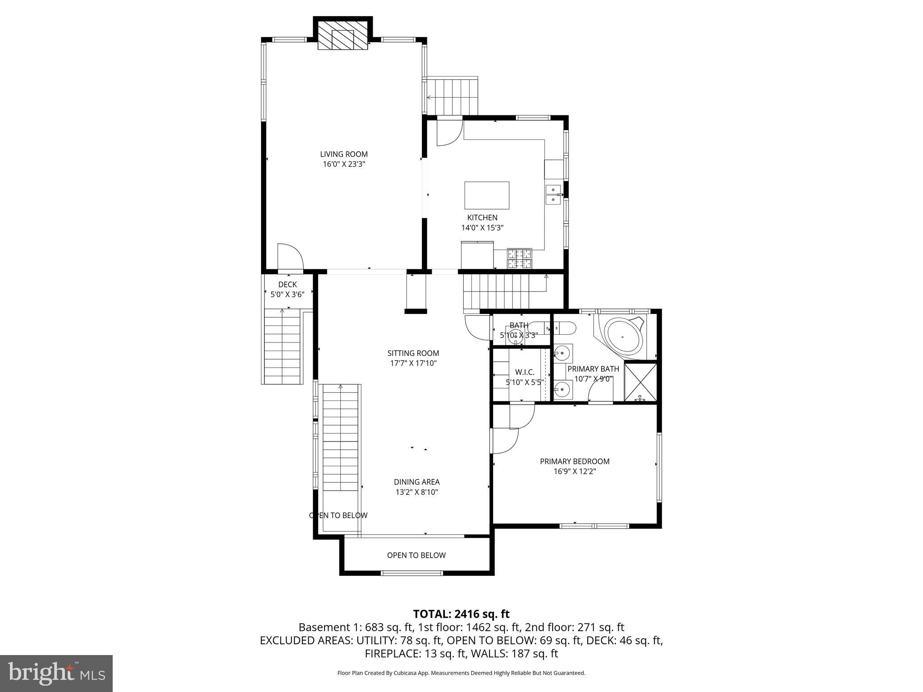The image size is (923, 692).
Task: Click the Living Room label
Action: pos(343,154)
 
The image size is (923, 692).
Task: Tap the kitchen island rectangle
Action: pos(487,196)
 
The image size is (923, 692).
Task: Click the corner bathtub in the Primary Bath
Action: pos(624,337)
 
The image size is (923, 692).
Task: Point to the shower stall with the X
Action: pos(640,381)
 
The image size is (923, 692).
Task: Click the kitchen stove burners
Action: pos(519,259)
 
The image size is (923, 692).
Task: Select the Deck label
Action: pos(287,284)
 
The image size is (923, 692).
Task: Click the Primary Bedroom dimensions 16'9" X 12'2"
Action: pos(575,471)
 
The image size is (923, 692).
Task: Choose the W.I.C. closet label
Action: pos(525,372)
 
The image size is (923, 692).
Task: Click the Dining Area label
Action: pos(416,482)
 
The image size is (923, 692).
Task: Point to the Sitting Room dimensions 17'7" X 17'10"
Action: pos(413,363)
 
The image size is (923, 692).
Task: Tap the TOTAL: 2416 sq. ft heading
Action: pos(461,614)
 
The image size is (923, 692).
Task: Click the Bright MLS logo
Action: pos(56,673)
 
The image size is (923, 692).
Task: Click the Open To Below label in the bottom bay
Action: pos(416,555)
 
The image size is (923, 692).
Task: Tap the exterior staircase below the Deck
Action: pos(282,347)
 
